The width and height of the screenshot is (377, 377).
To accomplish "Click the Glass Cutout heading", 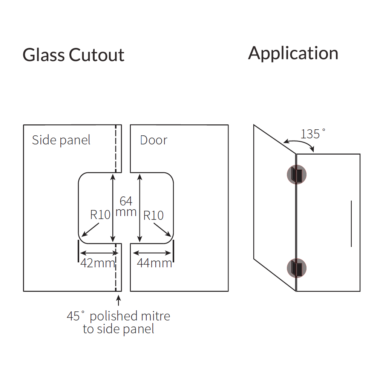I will [73, 55].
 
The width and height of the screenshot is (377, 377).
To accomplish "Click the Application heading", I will [293, 53].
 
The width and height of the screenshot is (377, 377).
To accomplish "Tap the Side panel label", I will [61, 140].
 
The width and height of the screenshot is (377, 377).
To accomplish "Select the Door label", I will [153, 140].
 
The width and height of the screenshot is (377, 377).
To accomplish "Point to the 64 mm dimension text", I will [126, 206].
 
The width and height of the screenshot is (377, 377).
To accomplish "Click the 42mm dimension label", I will [97, 263].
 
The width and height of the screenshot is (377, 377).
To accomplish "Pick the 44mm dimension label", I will [154, 263].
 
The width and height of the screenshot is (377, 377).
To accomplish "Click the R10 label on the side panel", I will [100, 215].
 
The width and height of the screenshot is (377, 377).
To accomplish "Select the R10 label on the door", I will [153, 216].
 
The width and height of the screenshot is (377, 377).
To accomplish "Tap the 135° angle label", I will [313, 134].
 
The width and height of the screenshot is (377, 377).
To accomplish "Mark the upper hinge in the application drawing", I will [297, 174].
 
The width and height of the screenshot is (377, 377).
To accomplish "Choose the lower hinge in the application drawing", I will [297, 267].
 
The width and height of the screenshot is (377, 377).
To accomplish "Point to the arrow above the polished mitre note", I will [119, 301].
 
